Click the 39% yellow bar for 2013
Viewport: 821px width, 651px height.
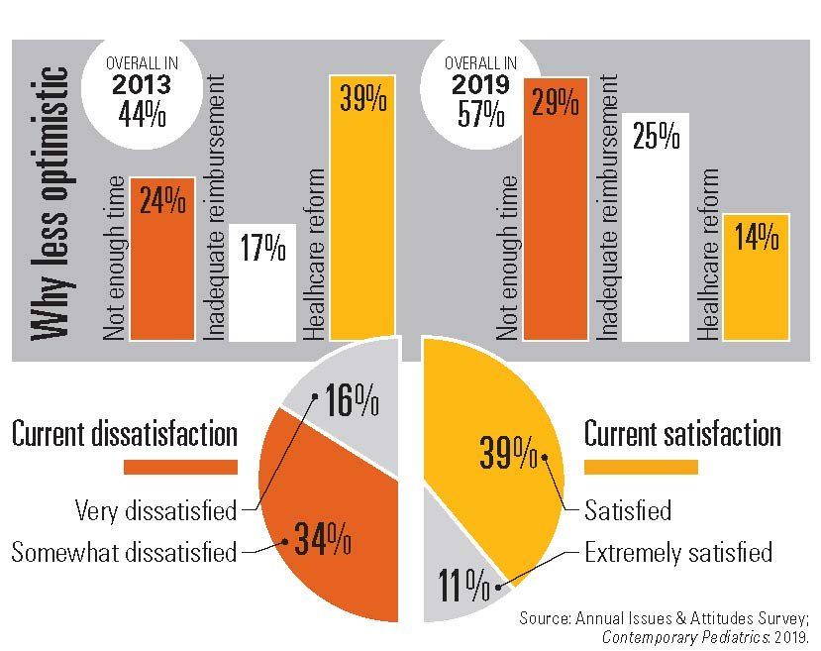(362, 218)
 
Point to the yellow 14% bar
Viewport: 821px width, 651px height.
(756, 277)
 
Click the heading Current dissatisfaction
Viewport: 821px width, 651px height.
(125, 433)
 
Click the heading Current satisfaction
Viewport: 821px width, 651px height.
(682, 433)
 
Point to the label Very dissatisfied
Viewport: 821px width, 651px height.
(156, 511)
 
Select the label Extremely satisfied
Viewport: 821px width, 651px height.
(677, 551)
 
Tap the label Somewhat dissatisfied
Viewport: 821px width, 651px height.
(124, 552)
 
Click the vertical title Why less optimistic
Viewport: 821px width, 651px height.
(50, 203)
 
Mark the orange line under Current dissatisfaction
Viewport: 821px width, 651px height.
(179, 466)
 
